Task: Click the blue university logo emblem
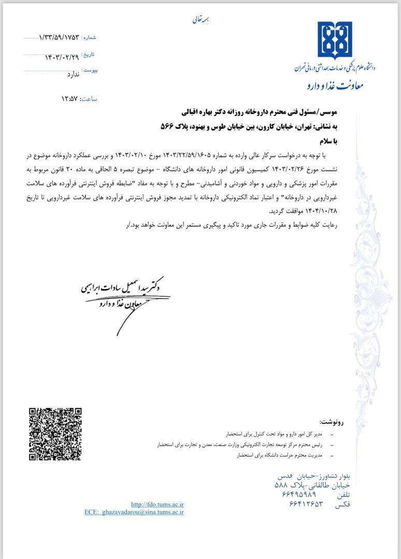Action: pos(335,41)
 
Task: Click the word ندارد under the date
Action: pos(73,75)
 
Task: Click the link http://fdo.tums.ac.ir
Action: pos(157,504)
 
